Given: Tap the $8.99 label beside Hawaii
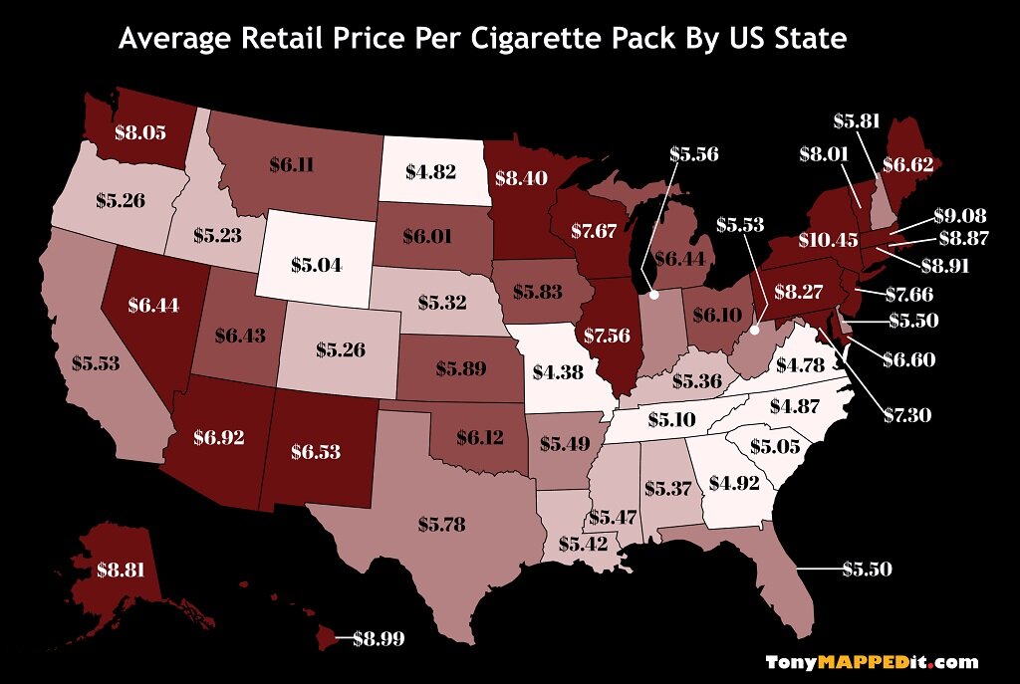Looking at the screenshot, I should coord(380,639).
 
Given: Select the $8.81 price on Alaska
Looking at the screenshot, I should coord(122,571).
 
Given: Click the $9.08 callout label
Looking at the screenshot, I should coord(960,215).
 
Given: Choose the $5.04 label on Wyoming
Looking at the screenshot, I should coord(316,265).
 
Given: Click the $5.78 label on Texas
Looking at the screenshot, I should coord(441,523).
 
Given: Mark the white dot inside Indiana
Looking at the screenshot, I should coord(654,295).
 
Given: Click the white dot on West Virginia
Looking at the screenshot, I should coord(754,330).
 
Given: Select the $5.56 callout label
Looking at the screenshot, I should coord(693,154).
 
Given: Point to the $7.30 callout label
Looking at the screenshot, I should coord(908,414).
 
